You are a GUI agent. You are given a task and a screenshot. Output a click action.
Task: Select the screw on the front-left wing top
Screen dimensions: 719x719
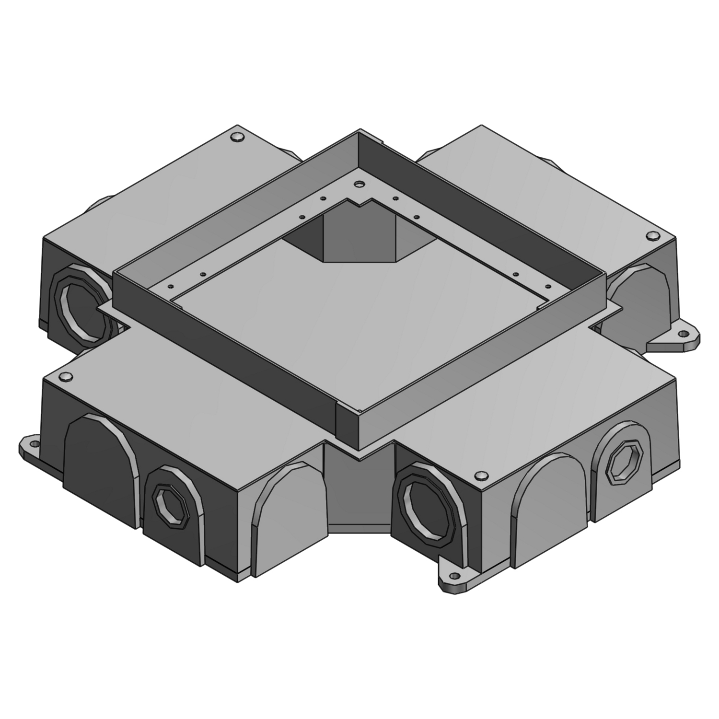[x=68, y=377]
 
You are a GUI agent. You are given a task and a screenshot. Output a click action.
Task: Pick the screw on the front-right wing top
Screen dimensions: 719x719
[x=479, y=475]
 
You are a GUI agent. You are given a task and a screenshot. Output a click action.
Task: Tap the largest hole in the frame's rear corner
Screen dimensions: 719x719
[x=359, y=184]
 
